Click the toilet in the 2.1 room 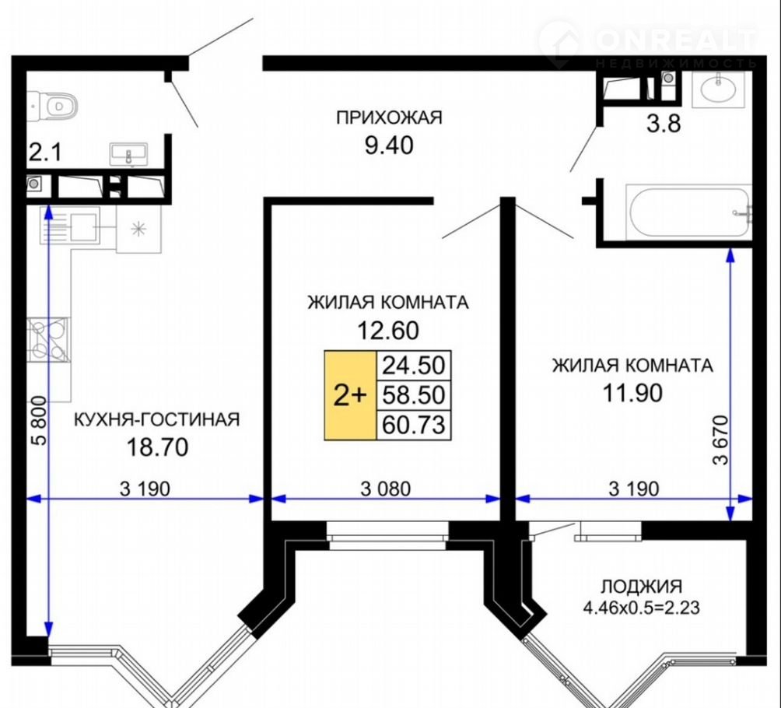(x=54, y=105)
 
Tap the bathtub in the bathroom (x=690, y=212)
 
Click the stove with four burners (x=48, y=339)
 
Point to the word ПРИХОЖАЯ (x=389, y=118)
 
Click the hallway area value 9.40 (x=389, y=145)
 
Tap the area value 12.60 (x=388, y=331)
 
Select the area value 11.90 (x=632, y=393)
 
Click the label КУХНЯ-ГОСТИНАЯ (x=157, y=419)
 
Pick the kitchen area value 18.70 (x=158, y=447)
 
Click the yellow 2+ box (x=350, y=395)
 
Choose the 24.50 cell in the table (x=413, y=365)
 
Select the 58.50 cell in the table (x=413, y=395)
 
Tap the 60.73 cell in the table (x=413, y=425)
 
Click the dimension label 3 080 (x=386, y=489)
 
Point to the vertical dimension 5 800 (x=39, y=420)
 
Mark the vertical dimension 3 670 (x=720, y=440)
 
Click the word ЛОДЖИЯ (x=642, y=587)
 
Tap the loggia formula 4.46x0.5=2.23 (x=642, y=608)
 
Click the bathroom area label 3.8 (x=664, y=124)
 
